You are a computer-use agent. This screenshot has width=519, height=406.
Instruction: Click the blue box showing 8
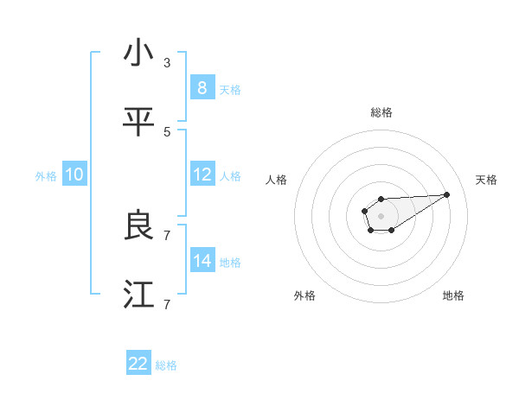pyautogui.click(x=202, y=87)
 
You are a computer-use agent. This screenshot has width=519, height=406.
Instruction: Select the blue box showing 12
pyautogui.click(x=202, y=174)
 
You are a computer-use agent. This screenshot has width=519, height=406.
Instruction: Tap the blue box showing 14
pyautogui.click(x=202, y=260)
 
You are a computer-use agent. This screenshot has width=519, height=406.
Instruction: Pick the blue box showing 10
pyautogui.click(x=74, y=174)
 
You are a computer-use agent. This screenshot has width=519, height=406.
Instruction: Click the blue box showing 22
pyautogui.click(x=138, y=364)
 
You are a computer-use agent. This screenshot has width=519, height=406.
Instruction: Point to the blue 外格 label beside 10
pyautogui.click(x=46, y=175)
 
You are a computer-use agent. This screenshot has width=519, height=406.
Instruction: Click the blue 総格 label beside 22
pyautogui.click(x=166, y=365)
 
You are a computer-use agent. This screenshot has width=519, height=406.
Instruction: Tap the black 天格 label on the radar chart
pyautogui.click(x=486, y=180)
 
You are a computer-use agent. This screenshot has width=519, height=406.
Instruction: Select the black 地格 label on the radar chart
pyautogui.click(x=453, y=295)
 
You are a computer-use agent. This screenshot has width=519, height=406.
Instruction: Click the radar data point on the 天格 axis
pyautogui.click(x=447, y=193)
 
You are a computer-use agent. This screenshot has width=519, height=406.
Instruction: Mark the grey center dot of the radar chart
pyautogui.click(x=381, y=214)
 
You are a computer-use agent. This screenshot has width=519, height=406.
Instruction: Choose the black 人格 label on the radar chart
pyautogui.click(x=277, y=180)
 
